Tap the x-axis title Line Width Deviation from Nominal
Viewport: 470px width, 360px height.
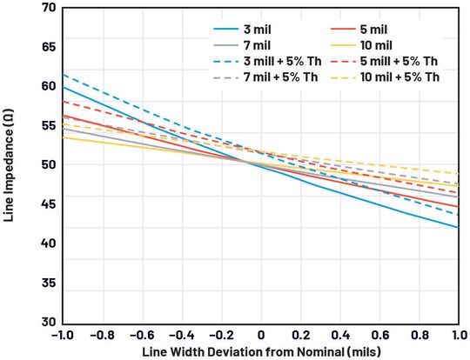click(259, 350)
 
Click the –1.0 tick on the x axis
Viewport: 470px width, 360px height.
click(62, 334)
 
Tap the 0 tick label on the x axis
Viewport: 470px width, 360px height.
click(260, 334)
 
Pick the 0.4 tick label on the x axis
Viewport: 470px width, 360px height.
click(339, 334)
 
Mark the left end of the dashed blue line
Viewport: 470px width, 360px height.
click(63, 74)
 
